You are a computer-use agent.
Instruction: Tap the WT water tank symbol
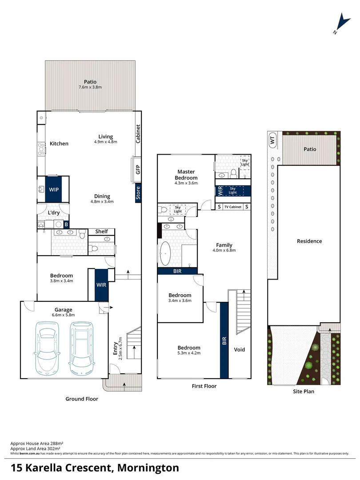click(272, 140)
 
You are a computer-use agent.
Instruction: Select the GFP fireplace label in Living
click(138, 169)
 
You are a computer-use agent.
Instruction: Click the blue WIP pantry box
click(54, 189)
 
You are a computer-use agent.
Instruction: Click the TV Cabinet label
click(233, 207)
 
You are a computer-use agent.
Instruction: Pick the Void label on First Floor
click(240, 349)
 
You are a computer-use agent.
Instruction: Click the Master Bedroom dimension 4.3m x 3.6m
click(187, 183)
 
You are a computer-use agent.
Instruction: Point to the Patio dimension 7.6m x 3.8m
click(90, 88)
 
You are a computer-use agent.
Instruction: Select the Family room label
click(224, 245)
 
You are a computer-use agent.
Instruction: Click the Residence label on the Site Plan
click(309, 241)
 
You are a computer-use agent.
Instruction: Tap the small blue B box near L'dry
click(67, 225)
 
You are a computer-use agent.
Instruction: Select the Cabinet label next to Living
click(138, 133)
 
